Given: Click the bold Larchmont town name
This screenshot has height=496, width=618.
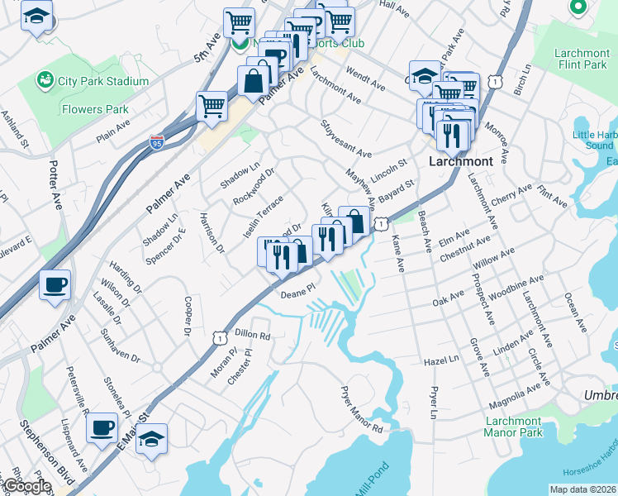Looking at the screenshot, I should [x=461, y=161].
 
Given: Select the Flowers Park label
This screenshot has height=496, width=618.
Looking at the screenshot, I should [x=94, y=109].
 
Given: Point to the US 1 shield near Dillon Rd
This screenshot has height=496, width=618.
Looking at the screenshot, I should [x=219, y=337].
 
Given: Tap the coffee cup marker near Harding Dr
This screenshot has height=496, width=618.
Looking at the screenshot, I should [x=55, y=286].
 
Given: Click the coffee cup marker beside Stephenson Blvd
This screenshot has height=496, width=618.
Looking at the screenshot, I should [x=102, y=429].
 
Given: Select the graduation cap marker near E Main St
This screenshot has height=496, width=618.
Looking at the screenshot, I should [x=151, y=439].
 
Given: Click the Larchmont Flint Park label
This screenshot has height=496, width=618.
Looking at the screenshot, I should [x=583, y=59].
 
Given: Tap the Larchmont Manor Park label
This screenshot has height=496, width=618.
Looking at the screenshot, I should [x=513, y=427].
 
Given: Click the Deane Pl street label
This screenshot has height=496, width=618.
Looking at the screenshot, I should [x=298, y=293].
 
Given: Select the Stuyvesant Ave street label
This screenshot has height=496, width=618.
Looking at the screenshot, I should [x=345, y=138].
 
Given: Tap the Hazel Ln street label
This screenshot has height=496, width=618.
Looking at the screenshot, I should [x=441, y=360].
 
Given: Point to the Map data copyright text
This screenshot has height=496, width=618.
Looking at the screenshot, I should [x=582, y=489].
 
